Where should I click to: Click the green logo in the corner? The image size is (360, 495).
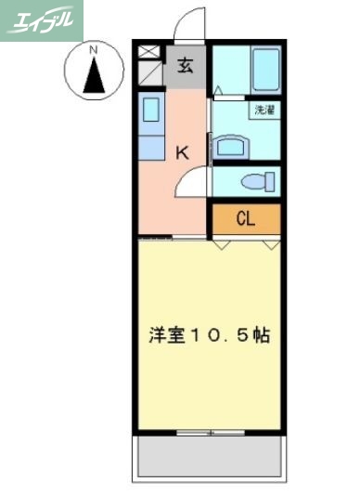pyautogui.click(x=41, y=20)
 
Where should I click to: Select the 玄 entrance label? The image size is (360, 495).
pyautogui.click(x=186, y=66)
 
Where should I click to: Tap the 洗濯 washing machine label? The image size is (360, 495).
pyautogui.click(x=265, y=111)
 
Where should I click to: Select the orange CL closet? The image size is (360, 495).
pyautogui.click(x=245, y=219)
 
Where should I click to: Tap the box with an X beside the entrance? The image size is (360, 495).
pyautogui.click(x=151, y=53)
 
